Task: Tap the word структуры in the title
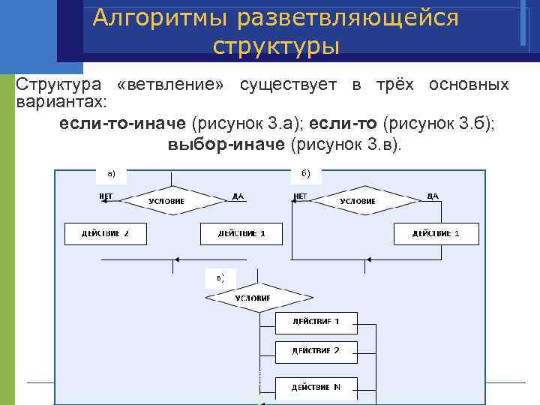click(276, 46)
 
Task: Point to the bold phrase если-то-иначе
click(124, 122)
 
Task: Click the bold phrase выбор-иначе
click(226, 143)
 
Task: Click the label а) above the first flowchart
click(111, 174)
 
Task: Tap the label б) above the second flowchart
click(306, 174)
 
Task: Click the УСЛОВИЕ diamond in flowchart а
click(166, 201)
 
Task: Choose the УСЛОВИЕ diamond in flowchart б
click(358, 201)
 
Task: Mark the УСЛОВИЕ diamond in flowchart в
click(253, 298)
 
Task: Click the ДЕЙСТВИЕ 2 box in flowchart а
click(106, 233)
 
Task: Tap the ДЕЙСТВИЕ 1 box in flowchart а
click(241, 233)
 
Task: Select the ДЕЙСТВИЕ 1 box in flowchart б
click(436, 233)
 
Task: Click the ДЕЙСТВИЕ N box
click(316, 388)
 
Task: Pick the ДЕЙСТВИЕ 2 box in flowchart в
click(316, 350)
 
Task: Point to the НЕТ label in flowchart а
click(106, 196)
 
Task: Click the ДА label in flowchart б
click(432, 196)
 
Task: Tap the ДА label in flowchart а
click(238, 196)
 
